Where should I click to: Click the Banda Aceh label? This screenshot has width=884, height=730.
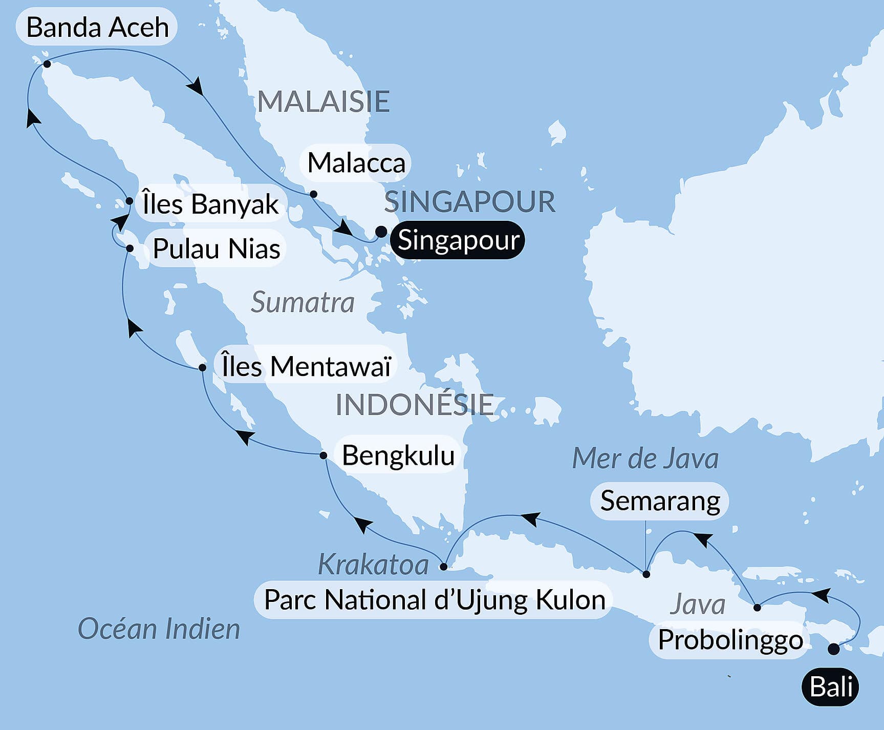pos(97,27)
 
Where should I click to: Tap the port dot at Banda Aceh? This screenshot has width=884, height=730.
pos(47,64)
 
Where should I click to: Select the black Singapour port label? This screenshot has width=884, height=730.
pos(458,240)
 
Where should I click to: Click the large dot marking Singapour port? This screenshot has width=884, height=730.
pos(381,232)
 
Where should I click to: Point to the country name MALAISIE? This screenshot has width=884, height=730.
pos(324,101)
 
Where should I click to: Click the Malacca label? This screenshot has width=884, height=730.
pos(356,163)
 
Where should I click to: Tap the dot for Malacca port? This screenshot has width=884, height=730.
pos(314,194)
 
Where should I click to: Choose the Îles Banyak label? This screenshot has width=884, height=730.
pos(210,204)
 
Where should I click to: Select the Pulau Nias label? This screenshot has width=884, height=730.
pos(216,249)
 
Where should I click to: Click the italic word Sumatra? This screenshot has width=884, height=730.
pos(303,302)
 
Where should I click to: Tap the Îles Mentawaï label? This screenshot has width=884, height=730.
pos(306,366)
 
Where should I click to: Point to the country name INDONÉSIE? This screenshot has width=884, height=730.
pos(415,405)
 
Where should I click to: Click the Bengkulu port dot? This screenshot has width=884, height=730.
pos(323,455)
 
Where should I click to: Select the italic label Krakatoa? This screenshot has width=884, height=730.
pos(373,565)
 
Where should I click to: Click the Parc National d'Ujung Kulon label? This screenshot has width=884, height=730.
pos(434,600)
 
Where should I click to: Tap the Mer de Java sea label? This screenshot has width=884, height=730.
pos(645,458)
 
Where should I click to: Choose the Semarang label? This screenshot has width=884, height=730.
pos(660,500)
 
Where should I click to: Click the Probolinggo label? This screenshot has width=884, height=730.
pos(730,639)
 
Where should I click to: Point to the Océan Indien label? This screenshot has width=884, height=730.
pos(159,629)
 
